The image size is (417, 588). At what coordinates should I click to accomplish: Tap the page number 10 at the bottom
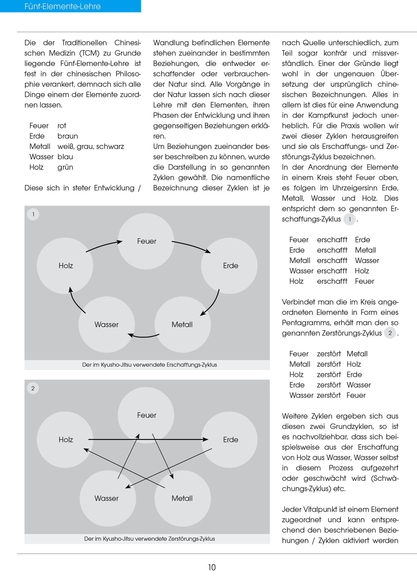tap(212, 567)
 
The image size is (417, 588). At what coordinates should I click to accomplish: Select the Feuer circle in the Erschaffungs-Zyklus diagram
tap(146, 241)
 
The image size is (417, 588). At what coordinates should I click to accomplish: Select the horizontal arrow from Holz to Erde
tap(148, 439)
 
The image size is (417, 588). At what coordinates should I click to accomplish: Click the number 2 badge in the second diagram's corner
tap(33, 388)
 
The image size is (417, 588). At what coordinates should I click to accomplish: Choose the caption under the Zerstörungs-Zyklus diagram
tap(150, 538)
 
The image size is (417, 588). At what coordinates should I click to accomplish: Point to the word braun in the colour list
tap(67, 136)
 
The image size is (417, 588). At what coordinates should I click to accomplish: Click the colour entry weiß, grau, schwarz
tap(91, 146)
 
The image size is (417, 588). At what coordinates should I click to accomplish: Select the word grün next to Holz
tap(65, 167)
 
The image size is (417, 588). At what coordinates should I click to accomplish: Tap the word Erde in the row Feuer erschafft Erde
tap(362, 240)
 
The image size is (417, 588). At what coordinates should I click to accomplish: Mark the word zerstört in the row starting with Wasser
tap(329, 395)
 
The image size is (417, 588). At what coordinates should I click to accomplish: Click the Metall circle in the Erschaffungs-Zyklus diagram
tap(182, 324)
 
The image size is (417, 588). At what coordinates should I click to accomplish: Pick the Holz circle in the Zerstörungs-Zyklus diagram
tap(65, 439)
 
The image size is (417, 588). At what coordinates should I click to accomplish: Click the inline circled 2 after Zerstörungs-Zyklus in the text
tap(390, 333)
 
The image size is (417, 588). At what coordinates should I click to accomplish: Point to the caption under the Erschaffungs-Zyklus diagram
tap(150, 365)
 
